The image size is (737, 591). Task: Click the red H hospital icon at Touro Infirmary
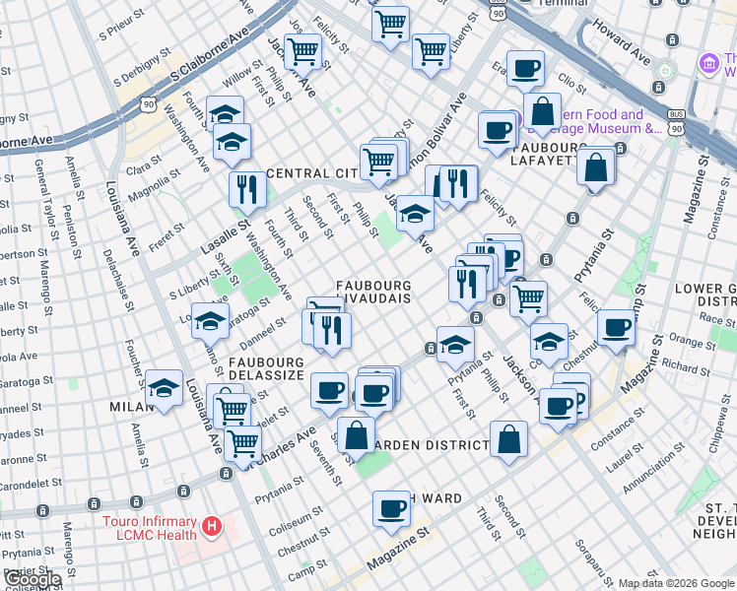click(210, 528)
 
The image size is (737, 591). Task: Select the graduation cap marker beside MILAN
click(165, 388)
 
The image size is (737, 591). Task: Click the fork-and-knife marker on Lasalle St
click(246, 188)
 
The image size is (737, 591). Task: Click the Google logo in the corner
click(33, 580)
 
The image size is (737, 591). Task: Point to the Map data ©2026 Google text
click(676, 583)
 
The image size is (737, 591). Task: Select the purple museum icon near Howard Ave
click(706, 64)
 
